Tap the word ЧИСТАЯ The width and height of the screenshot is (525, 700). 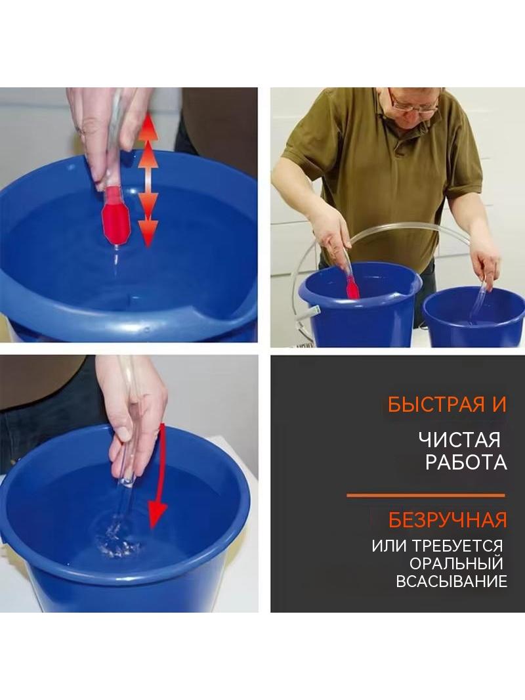[459, 440]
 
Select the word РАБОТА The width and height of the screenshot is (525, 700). [466, 462]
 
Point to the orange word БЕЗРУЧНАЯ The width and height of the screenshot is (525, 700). [448, 520]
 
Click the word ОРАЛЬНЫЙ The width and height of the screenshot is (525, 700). [456, 563]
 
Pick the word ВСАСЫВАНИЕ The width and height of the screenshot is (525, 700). [451, 581]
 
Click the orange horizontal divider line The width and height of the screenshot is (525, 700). [425, 495]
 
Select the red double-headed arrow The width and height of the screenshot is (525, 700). [148, 181]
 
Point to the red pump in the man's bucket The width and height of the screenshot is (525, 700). [352, 286]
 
